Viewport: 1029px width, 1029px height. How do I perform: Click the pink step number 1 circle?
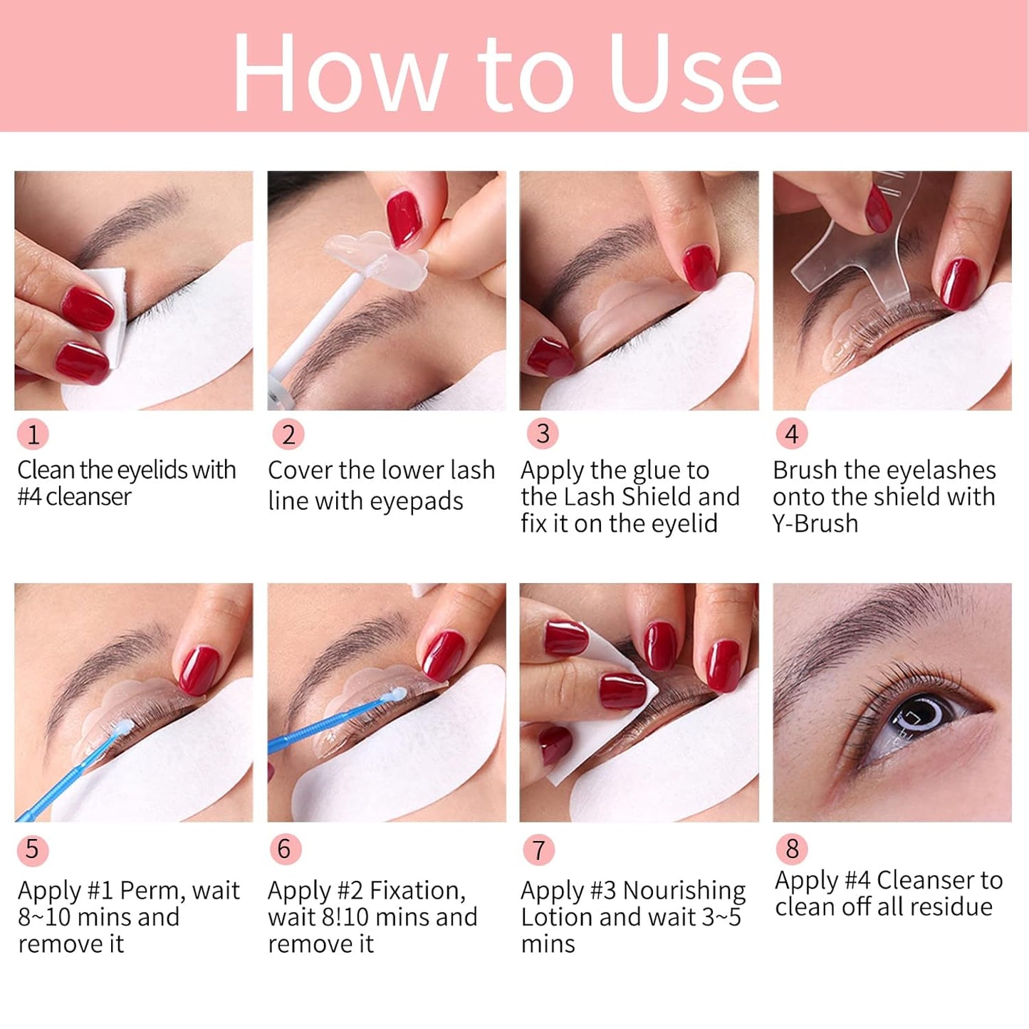point(33,434)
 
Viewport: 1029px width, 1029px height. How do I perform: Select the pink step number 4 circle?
point(791,434)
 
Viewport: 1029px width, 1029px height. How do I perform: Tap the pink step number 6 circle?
point(285,849)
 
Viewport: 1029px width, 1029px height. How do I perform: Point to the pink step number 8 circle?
point(791,849)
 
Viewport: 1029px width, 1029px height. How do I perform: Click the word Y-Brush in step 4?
point(815,523)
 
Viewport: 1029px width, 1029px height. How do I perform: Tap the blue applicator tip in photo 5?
point(124,726)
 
